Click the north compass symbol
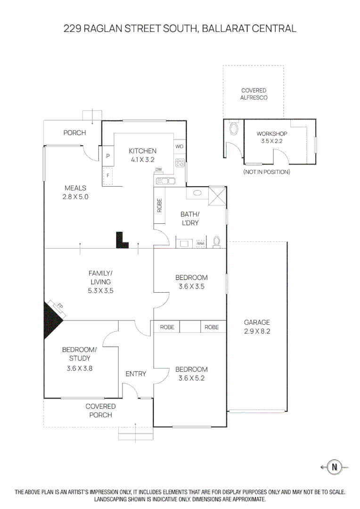coord(335,467)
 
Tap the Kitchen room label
coord(143,151)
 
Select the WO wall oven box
coord(180,147)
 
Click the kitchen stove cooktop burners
coord(180,163)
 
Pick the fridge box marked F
coord(108,175)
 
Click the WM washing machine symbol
coord(201,243)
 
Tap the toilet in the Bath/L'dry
coord(217,241)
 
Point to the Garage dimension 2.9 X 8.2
coord(257,331)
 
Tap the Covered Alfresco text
coord(254,94)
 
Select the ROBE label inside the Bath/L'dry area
coord(160,205)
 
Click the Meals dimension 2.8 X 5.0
coord(75,197)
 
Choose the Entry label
coord(136,374)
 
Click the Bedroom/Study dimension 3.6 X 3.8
coord(79,369)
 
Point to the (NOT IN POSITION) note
coord(267,172)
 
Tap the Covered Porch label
coord(100,410)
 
